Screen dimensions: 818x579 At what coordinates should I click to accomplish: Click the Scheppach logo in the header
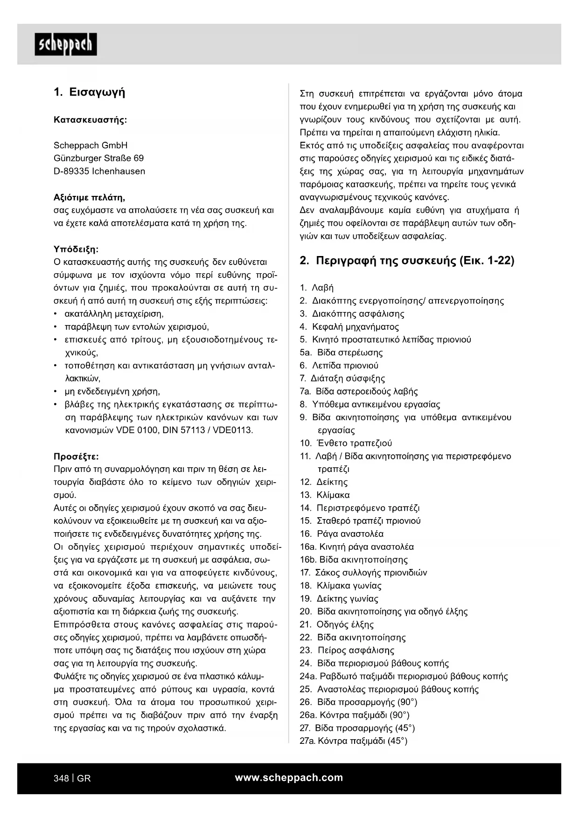(66, 44)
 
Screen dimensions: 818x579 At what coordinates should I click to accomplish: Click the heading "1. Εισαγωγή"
(90, 92)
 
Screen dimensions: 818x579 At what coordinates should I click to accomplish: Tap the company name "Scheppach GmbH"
(91, 145)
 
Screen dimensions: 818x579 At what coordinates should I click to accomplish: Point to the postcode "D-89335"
(71, 171)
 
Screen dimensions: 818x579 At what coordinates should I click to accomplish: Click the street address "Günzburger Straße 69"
(98, 158)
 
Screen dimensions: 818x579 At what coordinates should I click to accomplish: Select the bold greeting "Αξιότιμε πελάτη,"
(90, 197)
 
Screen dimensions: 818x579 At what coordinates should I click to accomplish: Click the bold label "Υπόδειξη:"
(76, 249)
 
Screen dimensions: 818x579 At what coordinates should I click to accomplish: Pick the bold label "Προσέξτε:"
(76, 456)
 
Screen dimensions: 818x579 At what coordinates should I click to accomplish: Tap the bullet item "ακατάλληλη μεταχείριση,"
(114, 314)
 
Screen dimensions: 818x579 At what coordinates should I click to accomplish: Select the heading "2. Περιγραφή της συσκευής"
(407, 260)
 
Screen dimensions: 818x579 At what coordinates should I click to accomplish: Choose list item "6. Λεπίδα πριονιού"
(339, 366)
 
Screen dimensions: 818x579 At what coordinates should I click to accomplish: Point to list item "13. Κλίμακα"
(325, 495)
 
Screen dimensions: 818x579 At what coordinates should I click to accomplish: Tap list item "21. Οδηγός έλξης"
(337, 624)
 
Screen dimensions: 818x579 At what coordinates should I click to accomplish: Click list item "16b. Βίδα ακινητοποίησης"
(354, 560)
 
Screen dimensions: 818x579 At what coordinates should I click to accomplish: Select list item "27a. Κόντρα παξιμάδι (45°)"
(354, 741)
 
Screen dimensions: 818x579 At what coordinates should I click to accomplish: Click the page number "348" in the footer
(61, 778)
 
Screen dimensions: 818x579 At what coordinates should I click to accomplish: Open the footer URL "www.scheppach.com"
(289, 777)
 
